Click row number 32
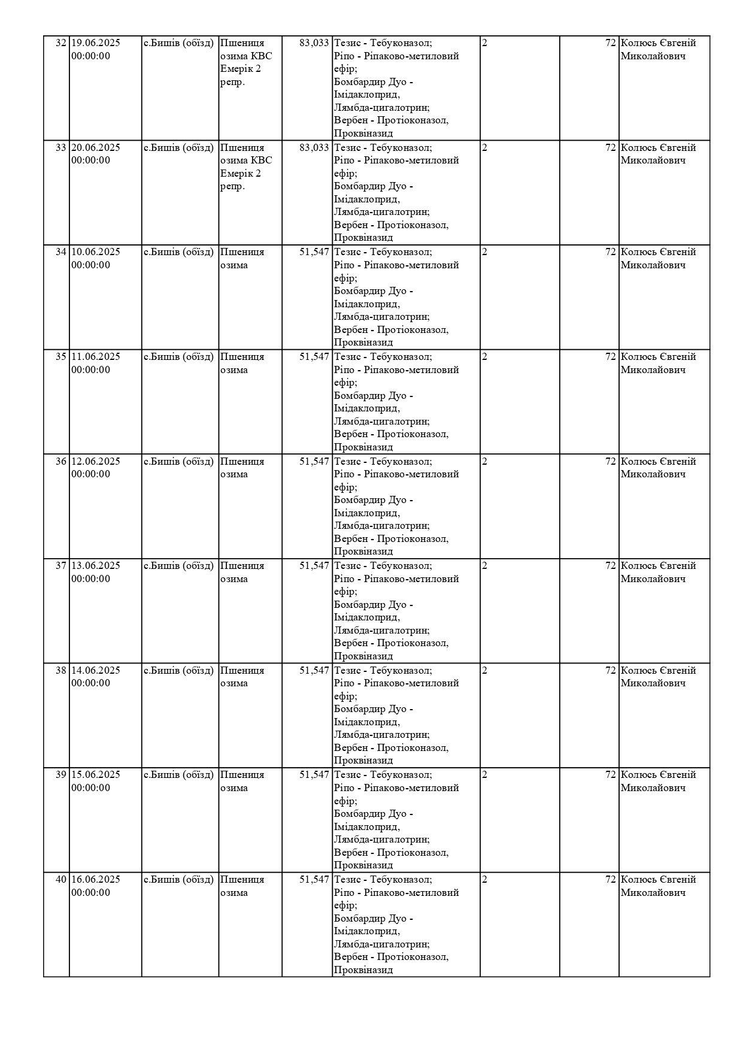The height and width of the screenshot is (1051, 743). (60, 43)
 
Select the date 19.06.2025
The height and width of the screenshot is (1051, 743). (96, 43)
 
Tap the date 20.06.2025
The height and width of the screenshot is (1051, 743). (96, 148)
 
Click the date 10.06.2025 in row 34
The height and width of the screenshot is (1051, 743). (96, 252)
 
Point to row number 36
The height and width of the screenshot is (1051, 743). (60, 462)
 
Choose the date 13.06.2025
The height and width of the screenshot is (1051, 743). (96, 566)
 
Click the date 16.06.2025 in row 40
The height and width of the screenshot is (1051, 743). (96, 880)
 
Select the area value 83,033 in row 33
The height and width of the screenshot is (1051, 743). (314, 148)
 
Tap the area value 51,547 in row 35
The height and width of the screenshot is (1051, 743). (314, 357)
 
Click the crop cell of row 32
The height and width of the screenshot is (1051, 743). (246, 62)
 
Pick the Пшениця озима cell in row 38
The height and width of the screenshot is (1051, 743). (242, 677)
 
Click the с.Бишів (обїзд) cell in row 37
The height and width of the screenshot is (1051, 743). (178, 566)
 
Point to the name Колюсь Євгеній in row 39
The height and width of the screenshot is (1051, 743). (658, 775)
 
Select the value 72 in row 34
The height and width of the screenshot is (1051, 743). (610, 252)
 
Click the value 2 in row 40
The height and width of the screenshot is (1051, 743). (485, 880)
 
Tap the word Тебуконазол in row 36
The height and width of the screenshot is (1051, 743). (401, 462)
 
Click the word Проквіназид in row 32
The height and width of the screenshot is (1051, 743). (363, 134)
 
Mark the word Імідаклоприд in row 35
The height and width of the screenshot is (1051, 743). (366, 408)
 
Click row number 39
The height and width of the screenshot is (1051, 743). (60, 775)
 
